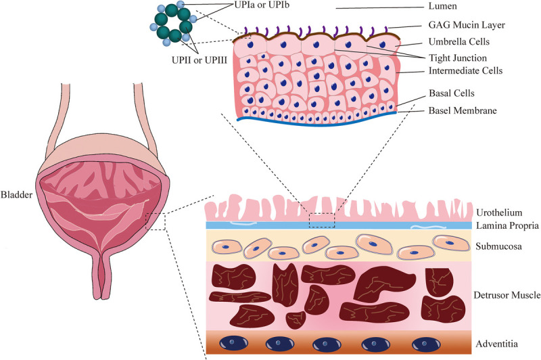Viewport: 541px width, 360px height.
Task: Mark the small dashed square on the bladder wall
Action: coord(156,220)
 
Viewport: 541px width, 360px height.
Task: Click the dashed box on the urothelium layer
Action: coord(321,219)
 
